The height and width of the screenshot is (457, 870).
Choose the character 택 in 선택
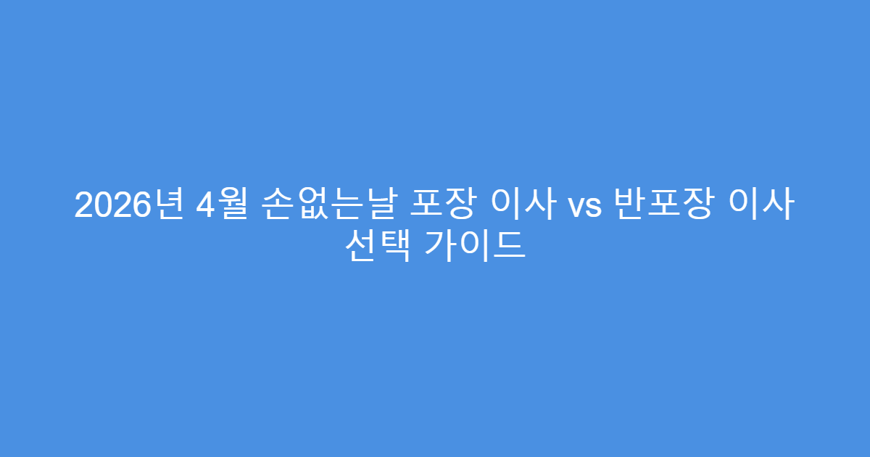coord(395,247)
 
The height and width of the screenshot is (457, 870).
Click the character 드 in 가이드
coord(512,247)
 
